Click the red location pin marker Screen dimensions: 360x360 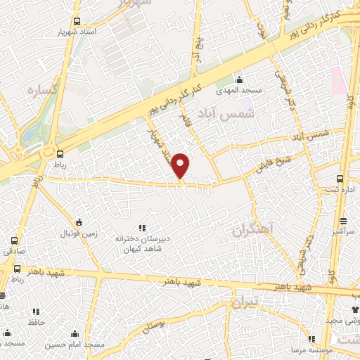(181, 165)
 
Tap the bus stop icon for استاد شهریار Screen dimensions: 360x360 (76, 21)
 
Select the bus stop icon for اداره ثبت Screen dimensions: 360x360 (341, 179)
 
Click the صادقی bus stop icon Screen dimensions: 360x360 (14, 240)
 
